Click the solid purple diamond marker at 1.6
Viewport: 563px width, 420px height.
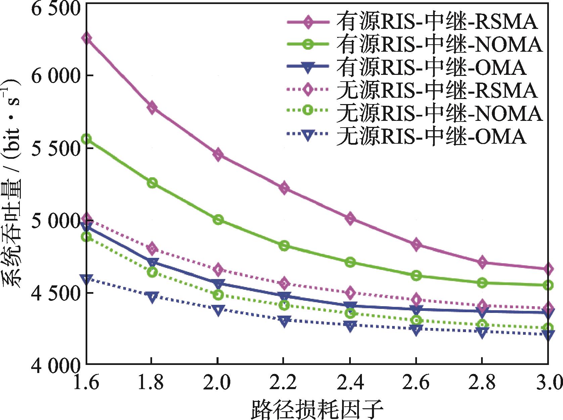(x=87, y=38)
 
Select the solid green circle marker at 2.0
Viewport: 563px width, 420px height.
(x=218, y=220)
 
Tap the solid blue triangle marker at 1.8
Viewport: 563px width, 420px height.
(x=152, y=262)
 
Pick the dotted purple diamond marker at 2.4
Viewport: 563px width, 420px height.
(x=350, y=293)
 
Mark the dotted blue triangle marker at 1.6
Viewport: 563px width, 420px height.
(x=87, y=279)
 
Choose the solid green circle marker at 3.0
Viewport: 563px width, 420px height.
(x=548, y=285)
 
